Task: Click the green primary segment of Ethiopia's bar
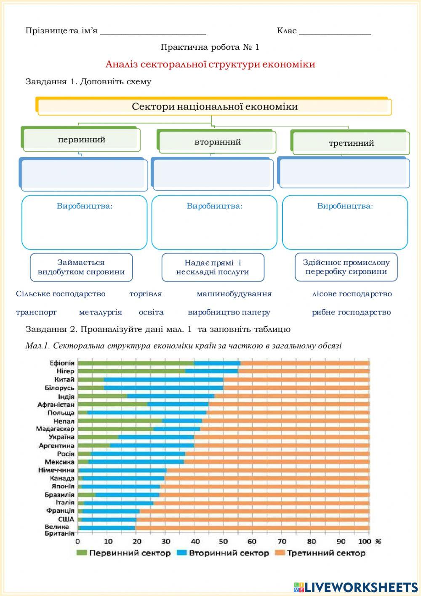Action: point(136,363)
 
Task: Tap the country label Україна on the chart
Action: point(61,437)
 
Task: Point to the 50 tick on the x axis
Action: point(223,541)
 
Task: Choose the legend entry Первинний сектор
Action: point(124,553)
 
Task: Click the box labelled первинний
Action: point(82,140)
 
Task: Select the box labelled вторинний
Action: point(217,142)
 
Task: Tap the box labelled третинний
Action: point(351,143)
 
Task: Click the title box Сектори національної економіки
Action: point(215,107)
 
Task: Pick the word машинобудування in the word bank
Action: point(234,294)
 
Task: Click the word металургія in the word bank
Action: point(101,312)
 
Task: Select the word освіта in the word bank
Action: point(151,312)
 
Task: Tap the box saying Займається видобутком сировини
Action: point(81,267)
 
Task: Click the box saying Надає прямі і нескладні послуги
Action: point(213,267)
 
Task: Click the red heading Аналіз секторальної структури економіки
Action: point(210,64)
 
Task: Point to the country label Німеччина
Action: point(56,470)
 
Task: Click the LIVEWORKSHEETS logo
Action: point(356,587)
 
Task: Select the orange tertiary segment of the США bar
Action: point(253,519)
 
